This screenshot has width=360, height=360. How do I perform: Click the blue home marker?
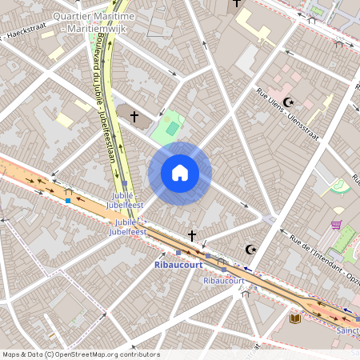(180, 173)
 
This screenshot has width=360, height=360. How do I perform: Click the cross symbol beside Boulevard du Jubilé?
(134, 118)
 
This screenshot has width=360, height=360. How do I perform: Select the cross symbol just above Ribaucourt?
(191, 235)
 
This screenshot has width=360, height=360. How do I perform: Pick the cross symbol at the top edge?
(236, 3)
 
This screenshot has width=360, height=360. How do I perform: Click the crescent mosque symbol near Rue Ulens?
(289, 102)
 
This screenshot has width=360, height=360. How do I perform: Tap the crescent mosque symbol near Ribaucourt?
(250, 250)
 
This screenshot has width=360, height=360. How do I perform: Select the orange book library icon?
(294, 318)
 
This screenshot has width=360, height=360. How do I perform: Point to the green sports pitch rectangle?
(171, 128)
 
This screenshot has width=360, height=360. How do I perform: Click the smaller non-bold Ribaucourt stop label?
(223, 281)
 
